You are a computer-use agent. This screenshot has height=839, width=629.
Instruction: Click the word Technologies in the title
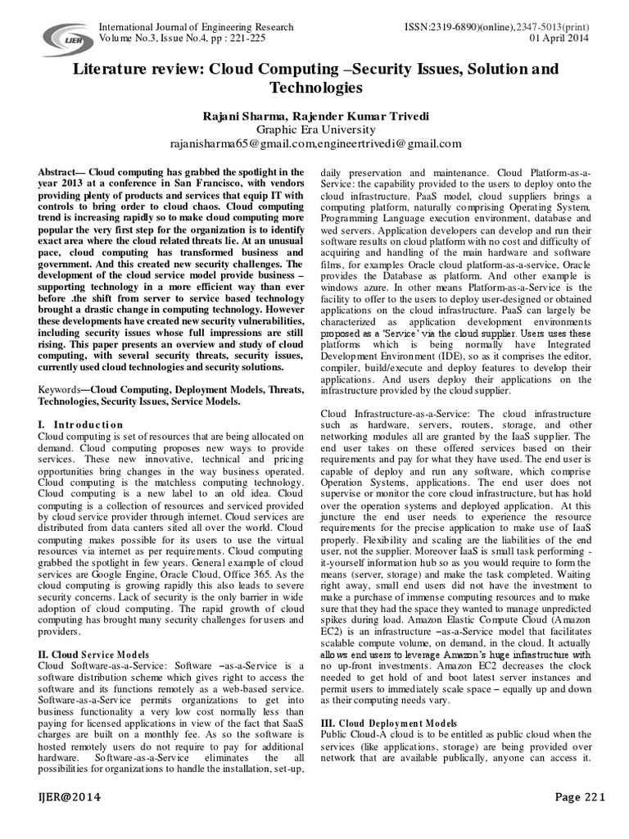coord(314,87)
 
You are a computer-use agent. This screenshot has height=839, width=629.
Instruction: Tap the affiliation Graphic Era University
coord(314,129)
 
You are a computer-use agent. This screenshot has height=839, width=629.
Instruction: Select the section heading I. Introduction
coord(81,424)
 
